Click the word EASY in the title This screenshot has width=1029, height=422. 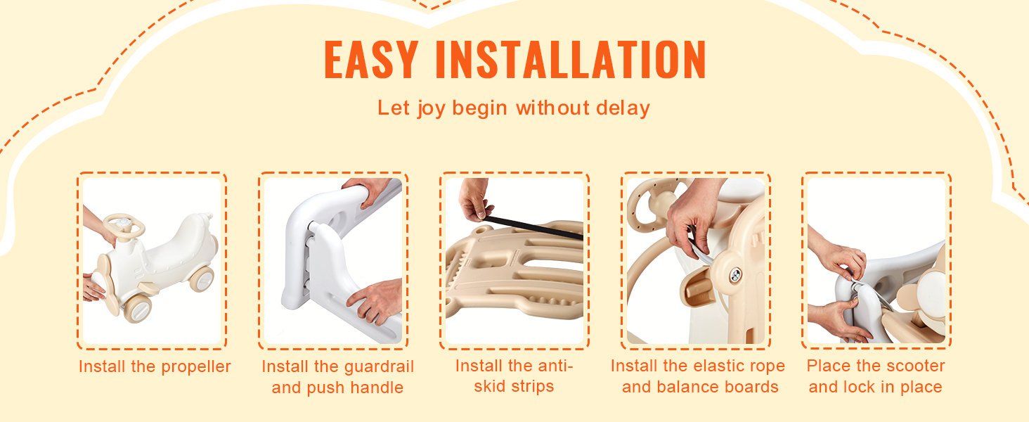pos(371,59)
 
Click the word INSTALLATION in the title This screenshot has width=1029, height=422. pos(571,59)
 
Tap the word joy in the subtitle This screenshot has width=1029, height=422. pos(431,109)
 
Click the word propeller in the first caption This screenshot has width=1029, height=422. pos(196,367)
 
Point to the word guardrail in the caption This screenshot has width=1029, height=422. pos(379,367)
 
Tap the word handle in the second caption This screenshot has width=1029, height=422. pos(377,388)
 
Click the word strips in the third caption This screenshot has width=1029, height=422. pos(532,387)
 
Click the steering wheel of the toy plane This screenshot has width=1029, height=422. pos(123,225)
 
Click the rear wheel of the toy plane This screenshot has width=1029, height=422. pos(202,279)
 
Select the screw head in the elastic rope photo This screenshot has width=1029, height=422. pos(735,276)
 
